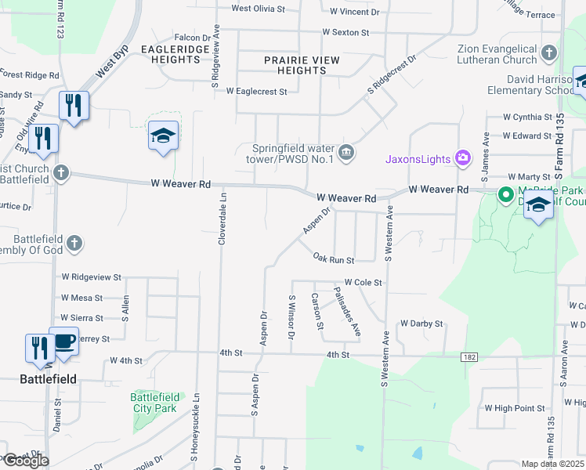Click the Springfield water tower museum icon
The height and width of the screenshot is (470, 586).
click(x=346, y=151)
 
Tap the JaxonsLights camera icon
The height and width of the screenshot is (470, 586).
click(x=463, y=159)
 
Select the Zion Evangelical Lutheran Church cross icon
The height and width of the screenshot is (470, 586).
click(x=548, y=53)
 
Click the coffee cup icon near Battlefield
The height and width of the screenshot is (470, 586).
click(x=63, y=342)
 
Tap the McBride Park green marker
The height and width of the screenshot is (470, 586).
click(x=506, y=194)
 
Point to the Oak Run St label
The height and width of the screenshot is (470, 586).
click(x=334, y=258)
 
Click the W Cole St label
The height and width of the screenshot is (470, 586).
click(x=363, y=282)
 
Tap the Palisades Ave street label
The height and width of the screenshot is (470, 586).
click(x=346, y=312)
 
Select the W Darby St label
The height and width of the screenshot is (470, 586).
click(x=421, y=323)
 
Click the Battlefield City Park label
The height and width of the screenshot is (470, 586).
click(x=154, y=403)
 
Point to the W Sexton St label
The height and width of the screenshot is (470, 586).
click(x=345, y=33)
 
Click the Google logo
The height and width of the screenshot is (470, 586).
click(x=26, y=461)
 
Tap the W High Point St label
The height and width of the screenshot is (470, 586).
click(x=515, y=408)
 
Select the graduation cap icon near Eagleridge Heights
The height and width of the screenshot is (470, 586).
click(x=164, y=136)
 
